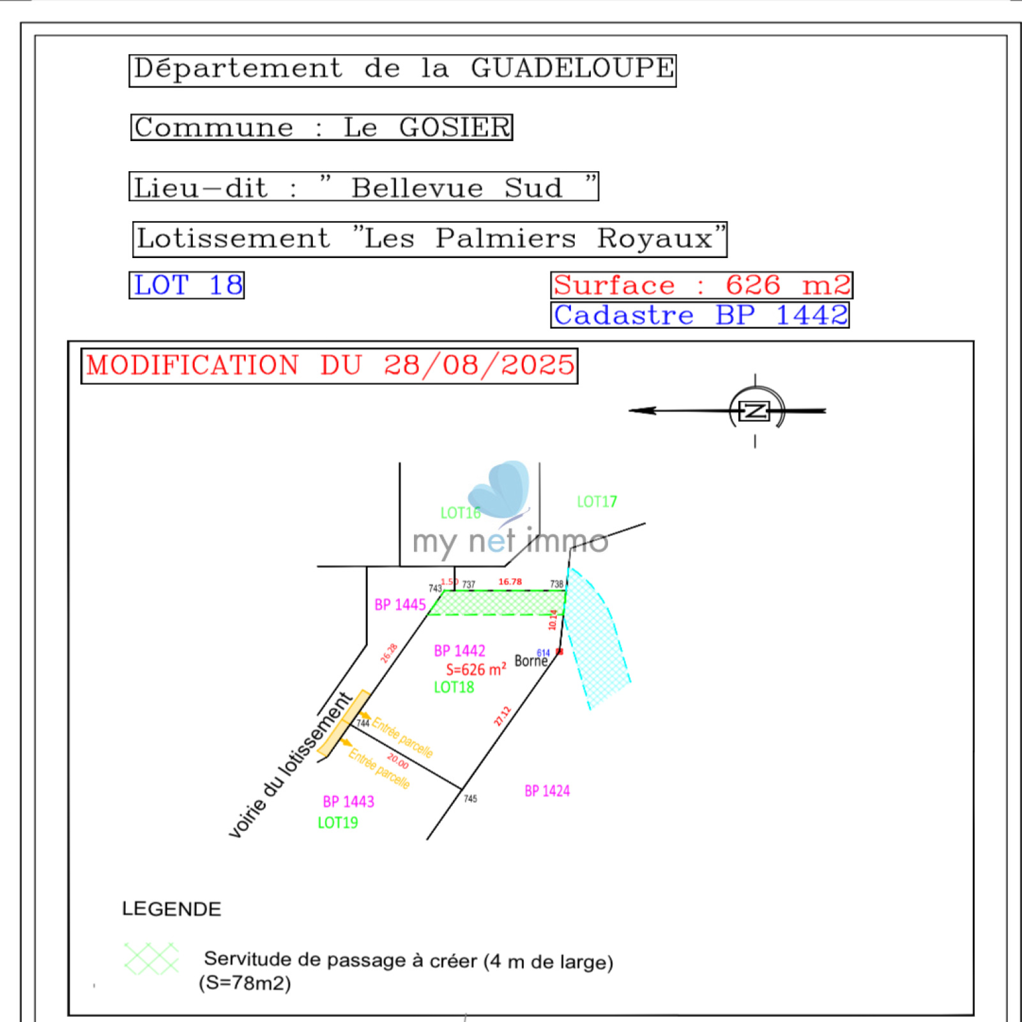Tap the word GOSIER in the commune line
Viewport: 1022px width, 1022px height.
[455, 128]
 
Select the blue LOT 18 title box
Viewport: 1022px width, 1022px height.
[187, 285]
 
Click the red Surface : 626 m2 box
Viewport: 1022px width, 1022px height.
[701, 285]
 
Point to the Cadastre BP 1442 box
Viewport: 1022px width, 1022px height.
[700, 315]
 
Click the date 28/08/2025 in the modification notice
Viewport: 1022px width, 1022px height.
[479, 365]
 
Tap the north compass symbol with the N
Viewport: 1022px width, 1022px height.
[755, 411]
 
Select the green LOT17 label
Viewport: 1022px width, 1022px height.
[597, 502]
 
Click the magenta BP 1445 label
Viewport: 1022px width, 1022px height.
[400, 605]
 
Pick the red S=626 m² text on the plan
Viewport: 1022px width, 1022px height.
[476, 669]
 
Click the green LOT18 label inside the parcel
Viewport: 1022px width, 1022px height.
[454, 687]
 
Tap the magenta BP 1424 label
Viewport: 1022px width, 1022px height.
[547, 791]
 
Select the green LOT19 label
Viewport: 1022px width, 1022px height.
[338, 823]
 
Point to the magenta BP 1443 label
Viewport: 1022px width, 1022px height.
[348, 802]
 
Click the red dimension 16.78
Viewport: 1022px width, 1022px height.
[510, 582]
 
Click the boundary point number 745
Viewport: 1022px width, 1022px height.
[470, 798]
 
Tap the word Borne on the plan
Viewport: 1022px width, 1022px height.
[531, 661]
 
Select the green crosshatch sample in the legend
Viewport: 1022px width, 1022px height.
[151, 958]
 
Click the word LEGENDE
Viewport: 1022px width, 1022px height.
[171, 909]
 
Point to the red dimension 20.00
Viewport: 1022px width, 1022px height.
[398, 761]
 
